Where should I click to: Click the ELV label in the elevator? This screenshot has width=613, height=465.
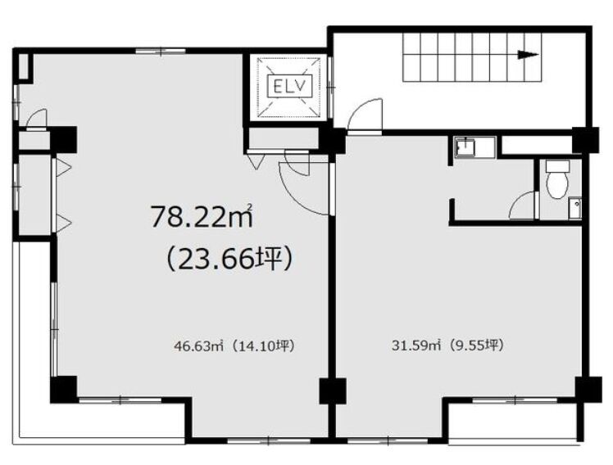[x=289, y=86]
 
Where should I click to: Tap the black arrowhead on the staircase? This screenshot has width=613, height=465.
[x=528, y=55]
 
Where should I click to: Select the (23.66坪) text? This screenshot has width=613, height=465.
[x=229, y=260]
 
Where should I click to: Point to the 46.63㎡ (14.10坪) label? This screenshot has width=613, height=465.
[x=234, y=345]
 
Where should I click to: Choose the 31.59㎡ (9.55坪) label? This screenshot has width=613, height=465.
[x=447, y=345]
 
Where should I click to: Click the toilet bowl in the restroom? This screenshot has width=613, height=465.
[x=557, y=185]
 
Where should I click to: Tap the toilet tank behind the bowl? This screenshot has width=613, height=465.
[x=557, y=166]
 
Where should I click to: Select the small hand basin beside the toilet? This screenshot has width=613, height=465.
[x=575, y=208]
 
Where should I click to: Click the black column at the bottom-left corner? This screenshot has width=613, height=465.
[x=63, y=389]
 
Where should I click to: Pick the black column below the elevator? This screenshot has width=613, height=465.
[x=332, y=140]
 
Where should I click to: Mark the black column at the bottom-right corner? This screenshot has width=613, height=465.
[x=588, y=390]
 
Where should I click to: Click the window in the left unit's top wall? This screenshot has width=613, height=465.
[x=161, y=51]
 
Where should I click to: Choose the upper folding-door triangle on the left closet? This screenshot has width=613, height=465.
[x=63, y=167]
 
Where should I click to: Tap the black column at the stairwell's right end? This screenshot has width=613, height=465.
[x=585, y=140]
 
